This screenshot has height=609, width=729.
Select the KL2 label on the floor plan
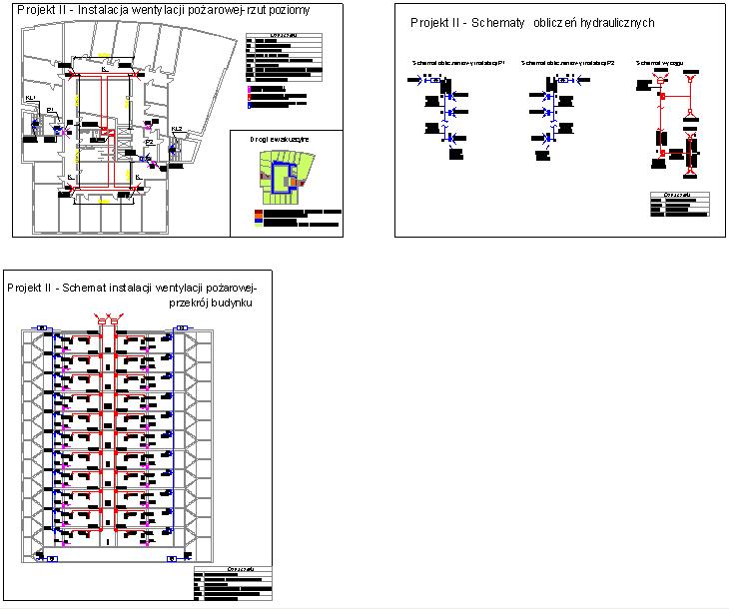pyautogui.click(x=177, y=129)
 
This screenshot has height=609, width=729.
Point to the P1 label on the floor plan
pyautogui.click(x=50, y=110)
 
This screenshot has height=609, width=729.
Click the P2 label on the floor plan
pyautogui.click(x=149, y=142)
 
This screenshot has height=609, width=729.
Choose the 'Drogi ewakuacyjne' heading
pyautogui.click(x=279, y=140)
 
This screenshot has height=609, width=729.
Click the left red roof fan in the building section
pyautogui.click(x=100, y=318)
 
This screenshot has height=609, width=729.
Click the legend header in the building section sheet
pyautogui.click(x=231, y=571)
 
